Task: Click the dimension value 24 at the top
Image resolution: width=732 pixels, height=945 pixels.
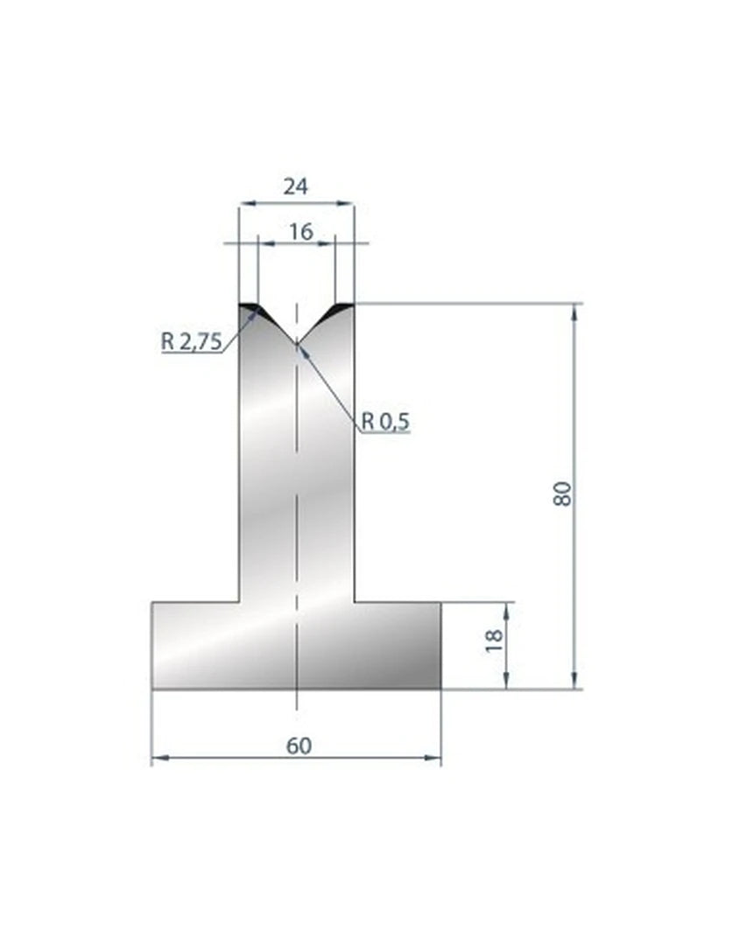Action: [295, 187]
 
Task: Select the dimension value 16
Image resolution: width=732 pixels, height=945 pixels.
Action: [301, 231]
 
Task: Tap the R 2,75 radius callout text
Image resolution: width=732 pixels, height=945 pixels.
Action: [191, 342]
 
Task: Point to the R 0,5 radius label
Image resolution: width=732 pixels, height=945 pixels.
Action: [385, 421]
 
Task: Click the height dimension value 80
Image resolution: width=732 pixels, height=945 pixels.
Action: [561, 494]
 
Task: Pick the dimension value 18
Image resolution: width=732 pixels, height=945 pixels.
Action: [493, 640]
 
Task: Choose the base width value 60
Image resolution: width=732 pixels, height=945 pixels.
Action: [299, 746]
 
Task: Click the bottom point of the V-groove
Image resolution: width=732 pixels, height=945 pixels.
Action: [297, 344]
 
